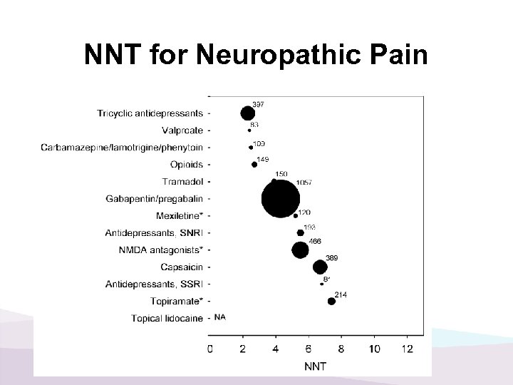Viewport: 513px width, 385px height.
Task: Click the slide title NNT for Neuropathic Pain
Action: (x=256, y=56)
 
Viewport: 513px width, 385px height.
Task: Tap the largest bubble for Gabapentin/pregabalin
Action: (x=281, y=199)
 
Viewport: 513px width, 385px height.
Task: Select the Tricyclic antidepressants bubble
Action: (x=247, y=113)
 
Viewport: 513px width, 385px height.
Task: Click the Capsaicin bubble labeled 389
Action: (x=320, y=267)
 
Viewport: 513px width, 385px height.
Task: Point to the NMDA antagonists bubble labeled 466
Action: (x=301, y=250)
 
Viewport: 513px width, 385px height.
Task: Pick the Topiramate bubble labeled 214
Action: (x=331, y=301)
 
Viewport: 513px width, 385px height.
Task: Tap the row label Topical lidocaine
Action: (x=167, y=319)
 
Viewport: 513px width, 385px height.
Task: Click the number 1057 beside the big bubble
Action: (x=304, y=183)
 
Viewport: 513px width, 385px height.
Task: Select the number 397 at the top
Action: (x=259, y=105)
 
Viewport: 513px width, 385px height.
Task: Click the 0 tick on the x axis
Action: (x=210, y=349)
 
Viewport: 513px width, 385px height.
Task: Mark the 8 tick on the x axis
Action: (x=341, y=349)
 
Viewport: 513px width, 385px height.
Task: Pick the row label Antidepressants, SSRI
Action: (x=153, y=284)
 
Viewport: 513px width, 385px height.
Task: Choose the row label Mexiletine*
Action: (x=179, y=216)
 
